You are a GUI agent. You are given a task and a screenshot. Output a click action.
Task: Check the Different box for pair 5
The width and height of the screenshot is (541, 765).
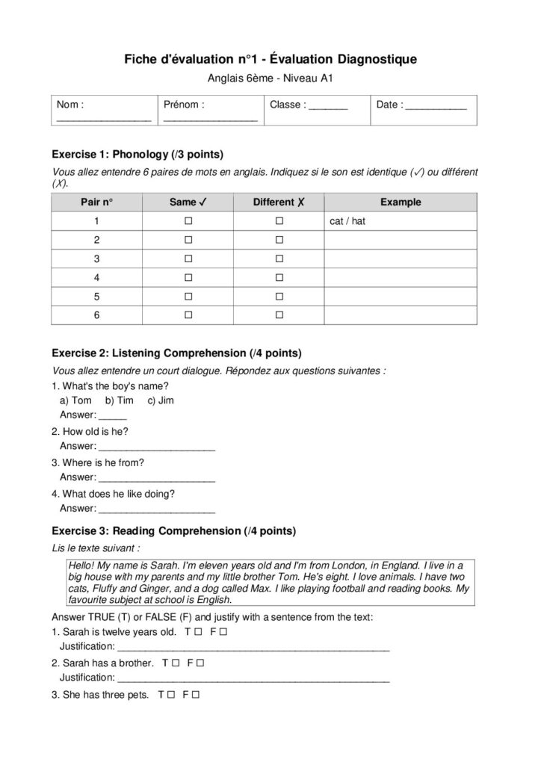pyautogui.click(x=279, y=297)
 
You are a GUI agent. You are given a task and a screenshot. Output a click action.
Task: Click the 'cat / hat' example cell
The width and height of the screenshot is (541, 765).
pyautogui.click(x=347, y=222)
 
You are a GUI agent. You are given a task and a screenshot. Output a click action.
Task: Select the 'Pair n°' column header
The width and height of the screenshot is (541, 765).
pyautogui.click(x=96, y=202)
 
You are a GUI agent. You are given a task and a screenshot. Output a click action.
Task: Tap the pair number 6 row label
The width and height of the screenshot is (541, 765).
pyautogui.click(x=96, y=315)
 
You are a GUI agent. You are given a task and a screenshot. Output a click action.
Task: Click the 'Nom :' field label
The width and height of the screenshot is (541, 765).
pyautogui.click(x=71, y=105)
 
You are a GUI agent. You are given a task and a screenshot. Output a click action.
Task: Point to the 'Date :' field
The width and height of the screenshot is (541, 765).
pyautogui.click(x=421, y=105)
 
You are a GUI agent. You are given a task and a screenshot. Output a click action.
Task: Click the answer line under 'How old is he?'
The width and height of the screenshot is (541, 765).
pyautogui.click(x=157, y=447)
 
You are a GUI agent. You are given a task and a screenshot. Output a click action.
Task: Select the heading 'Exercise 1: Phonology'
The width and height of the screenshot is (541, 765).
pyautogui.click(x=138, y=155)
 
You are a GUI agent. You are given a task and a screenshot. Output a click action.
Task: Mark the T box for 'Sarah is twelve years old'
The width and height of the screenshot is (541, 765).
pyautogui.click(x=197, y=632)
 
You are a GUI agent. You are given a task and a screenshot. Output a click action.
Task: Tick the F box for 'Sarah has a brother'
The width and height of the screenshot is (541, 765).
pyautogui.click(x=200, y=663)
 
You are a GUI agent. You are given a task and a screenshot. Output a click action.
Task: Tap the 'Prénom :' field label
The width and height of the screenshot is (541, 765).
pyautogui.click(x=184, y=105)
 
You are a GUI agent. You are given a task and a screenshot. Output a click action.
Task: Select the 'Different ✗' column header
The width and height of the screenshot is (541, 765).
pyautogui.click(x=279, y=202)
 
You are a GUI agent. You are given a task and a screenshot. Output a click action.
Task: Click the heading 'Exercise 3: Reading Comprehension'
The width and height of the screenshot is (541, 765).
pyautogui.click(x=173, y=532)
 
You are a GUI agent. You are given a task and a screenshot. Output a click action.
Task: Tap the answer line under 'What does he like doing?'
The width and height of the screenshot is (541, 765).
pyautogui.click(x=157, y=510)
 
